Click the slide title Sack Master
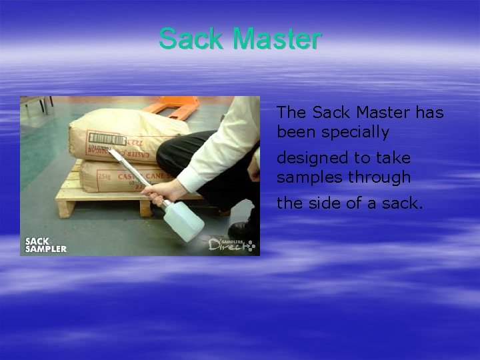pos(240,39)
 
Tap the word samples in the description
pos(307,178)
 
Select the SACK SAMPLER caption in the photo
pos(45,245)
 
